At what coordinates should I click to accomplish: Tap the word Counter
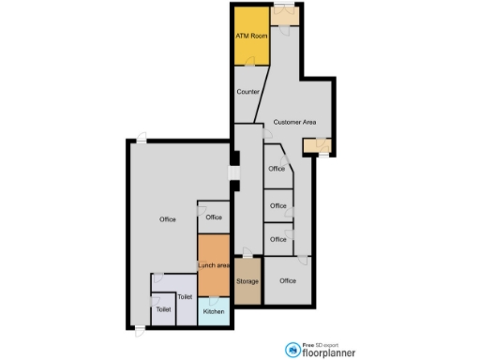click(x=248, y=92)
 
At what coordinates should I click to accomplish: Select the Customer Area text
click(x=294, y=123)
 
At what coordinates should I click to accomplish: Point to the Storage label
click(x=247, y=281)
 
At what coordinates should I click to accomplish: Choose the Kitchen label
click(x=214, y=310)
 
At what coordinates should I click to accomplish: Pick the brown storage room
click(x=247, y=291)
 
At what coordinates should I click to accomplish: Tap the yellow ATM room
click(x=250, y=47)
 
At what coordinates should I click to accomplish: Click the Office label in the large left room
click(x=168, y=219)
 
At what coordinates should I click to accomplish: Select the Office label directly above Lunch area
click(x=214, y=217)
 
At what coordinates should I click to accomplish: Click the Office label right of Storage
click(x=288, y=280)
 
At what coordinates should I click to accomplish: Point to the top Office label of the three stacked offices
click(x=277, y=170)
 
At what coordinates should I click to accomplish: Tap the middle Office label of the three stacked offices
click(x=278, y=205)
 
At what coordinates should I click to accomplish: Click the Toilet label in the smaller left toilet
click(x=164, y=307)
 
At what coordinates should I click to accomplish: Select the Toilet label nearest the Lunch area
click(x=185, y=296)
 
